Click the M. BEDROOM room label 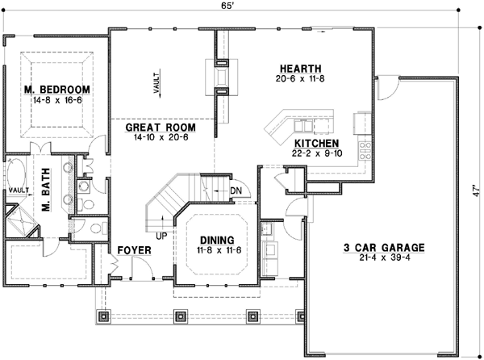(x=57, y=89)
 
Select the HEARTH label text (x=301, y=68)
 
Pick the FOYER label (x=135, y=251)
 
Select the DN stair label (x=236, y=190)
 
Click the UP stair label (x=161, y=235)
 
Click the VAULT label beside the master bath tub (x=18, y=190)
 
